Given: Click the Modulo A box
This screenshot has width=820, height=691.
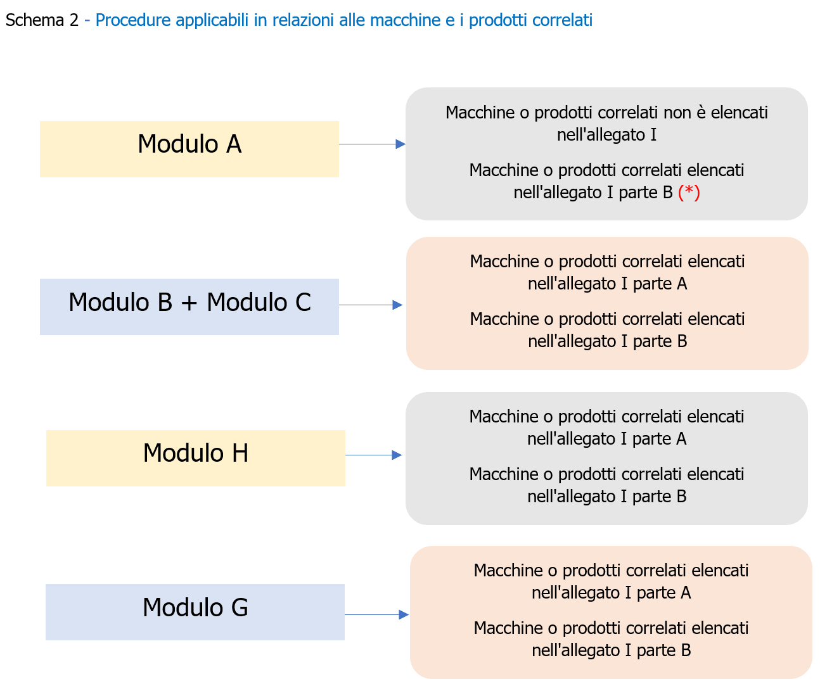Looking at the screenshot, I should pos(189,149).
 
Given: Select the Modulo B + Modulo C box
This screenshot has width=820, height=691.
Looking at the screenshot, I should pos(189,307).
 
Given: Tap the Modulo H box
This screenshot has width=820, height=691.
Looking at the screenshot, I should pos(195,458).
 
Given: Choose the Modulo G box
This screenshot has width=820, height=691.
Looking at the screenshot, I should pos(195,612).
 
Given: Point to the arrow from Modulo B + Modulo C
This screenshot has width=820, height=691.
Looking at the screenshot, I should pos(371,305).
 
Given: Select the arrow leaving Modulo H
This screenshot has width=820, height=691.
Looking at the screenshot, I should pos(373,455).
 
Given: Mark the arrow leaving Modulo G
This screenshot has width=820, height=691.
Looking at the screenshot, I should pos(376,614).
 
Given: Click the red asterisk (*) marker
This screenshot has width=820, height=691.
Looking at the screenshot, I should pos(689,192).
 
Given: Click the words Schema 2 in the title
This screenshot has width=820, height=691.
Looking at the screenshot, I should pos(42,20).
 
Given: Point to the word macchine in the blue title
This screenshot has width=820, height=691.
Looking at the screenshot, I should pos(406,20).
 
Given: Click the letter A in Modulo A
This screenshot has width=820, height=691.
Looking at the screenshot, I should pos(234,144).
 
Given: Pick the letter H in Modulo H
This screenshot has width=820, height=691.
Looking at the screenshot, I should pos(240,453).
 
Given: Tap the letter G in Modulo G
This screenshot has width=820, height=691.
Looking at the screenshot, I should pos(239,607).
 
